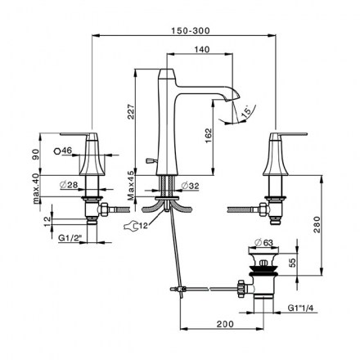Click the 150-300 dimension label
coord(191,30)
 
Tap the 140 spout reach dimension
coord(202,49)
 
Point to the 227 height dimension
coord(131,111)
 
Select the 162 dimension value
coord(208,136)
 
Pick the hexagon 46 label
coord(63,151)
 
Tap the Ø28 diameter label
coord(69,185)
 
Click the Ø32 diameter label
coord(190,186)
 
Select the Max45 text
coord(131,186)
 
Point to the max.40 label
coord(36,190)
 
